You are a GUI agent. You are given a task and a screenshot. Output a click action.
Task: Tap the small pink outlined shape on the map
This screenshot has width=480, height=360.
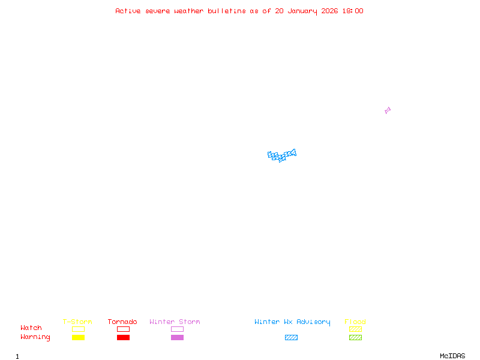388,110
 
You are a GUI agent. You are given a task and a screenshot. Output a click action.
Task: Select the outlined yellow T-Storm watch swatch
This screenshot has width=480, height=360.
78,329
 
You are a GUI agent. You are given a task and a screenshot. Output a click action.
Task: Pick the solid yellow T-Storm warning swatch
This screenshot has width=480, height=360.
78,337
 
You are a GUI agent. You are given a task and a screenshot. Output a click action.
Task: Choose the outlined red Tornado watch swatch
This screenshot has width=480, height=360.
123,329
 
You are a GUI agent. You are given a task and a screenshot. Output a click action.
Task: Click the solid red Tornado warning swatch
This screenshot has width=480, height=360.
123,337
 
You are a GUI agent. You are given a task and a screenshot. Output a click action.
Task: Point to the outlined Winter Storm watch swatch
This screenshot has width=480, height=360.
177,329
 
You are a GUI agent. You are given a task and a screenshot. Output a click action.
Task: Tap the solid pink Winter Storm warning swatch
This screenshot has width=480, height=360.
177,337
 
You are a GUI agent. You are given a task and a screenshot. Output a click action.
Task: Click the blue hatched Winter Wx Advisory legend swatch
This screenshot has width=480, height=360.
291,337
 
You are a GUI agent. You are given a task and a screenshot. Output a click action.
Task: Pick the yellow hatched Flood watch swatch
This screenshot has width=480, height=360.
355,329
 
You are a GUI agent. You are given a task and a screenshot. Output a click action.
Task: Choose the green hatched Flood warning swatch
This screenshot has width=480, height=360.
355,337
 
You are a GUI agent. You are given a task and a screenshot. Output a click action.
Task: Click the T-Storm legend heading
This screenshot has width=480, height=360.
77,322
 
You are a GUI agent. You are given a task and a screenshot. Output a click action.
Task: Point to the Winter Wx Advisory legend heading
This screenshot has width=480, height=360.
292,322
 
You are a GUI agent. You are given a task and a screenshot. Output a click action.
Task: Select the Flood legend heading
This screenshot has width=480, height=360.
355,322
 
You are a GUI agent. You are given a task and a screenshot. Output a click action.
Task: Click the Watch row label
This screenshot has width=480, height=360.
31,328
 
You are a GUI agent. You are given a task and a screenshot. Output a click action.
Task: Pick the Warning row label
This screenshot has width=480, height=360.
35,337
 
